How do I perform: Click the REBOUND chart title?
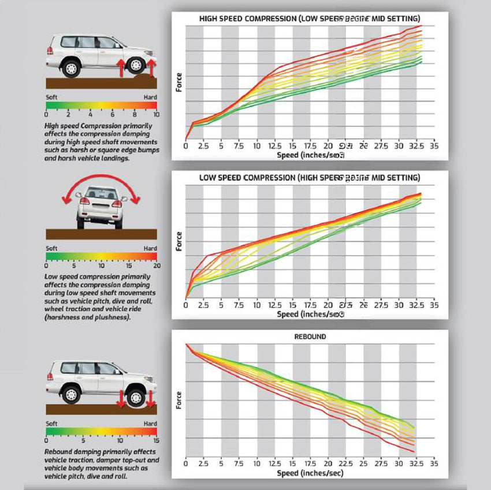click(x=310, y=336)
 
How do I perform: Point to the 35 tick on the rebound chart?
click(x=434, y=463)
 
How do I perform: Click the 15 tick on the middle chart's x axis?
click(x=292, y=305)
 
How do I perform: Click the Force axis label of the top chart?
click(x=179, y=81)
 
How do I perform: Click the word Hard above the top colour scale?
click(x=150, y=98)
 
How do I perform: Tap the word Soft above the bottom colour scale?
click(x=52, y=424)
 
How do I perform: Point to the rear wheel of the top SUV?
click(x=71, y=68)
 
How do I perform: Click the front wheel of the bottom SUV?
click(x=136, y=396)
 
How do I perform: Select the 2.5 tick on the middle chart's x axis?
click(x=204, y=305)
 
